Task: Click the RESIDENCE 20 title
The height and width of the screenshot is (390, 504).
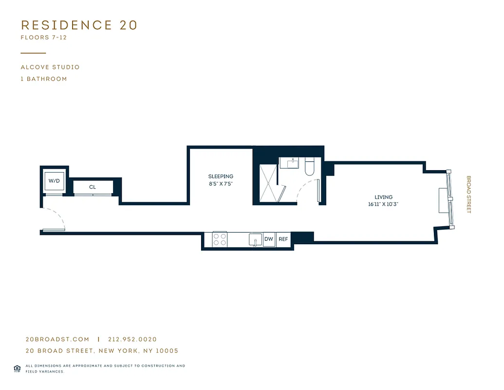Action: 79,25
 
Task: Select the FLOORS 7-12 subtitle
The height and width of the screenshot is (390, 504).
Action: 44,38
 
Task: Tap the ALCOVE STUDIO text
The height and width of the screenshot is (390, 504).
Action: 50,67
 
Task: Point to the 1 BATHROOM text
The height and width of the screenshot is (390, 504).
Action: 44,79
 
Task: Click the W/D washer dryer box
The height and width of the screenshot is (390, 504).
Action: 54,181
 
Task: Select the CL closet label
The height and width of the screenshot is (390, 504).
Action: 93,187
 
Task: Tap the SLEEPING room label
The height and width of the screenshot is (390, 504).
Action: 221,176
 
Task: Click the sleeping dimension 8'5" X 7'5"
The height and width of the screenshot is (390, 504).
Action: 221,184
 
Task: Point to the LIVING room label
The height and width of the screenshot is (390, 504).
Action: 383,197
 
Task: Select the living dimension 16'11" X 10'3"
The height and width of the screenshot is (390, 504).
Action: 383,205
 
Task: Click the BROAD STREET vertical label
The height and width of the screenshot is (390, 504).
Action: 469,195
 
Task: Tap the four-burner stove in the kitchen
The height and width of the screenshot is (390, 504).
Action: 220,239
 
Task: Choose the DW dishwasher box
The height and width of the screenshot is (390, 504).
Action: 269,239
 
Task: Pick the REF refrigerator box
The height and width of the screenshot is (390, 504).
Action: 283,239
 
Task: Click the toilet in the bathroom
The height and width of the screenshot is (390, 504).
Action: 310,167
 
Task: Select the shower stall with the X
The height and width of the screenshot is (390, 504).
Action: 268,183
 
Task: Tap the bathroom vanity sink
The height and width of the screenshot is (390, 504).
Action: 292,163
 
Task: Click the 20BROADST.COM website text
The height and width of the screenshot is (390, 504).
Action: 57,339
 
